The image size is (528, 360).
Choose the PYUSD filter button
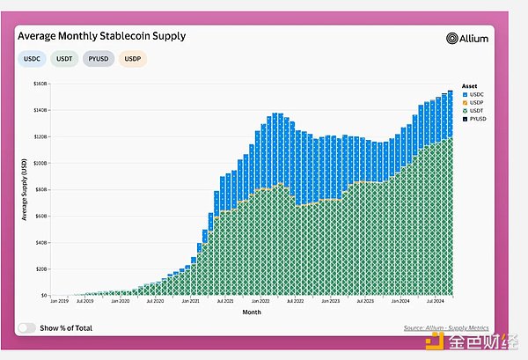[x=101, y=59]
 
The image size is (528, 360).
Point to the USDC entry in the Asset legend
[x=475, y=94]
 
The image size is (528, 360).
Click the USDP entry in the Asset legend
[x=475, y=102]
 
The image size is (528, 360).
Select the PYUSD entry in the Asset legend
[x=476, y=118]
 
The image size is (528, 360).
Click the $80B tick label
[x=40, y=189]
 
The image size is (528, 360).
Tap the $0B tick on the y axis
[x=42, y=296]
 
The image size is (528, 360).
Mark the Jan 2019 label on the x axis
[x=59, y=302]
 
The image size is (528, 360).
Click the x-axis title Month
[x=251, y=311]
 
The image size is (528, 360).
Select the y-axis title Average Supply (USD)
[x=23, y=189]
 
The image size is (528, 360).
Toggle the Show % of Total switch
[x=27, y=327]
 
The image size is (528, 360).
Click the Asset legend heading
[x=469, y=85]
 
